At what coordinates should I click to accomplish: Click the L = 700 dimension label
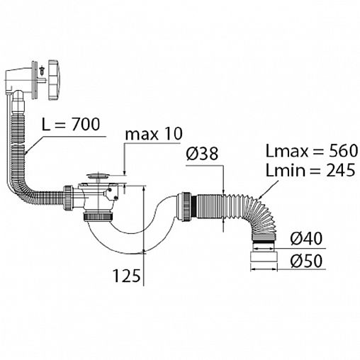point(71,124)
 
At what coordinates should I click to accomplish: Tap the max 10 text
point(154,134)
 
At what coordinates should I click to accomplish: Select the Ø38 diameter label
point(202,154)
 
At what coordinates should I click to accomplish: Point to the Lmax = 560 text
point(312,151)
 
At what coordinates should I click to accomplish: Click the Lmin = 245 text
point(310,170)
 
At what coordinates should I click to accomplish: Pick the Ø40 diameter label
point(306,239)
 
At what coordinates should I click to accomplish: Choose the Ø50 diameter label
point(306,261)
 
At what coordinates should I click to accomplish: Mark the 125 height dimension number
point(127,276)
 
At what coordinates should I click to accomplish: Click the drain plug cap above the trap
point(97,176)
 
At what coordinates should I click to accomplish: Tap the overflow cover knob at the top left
point(55,80)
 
